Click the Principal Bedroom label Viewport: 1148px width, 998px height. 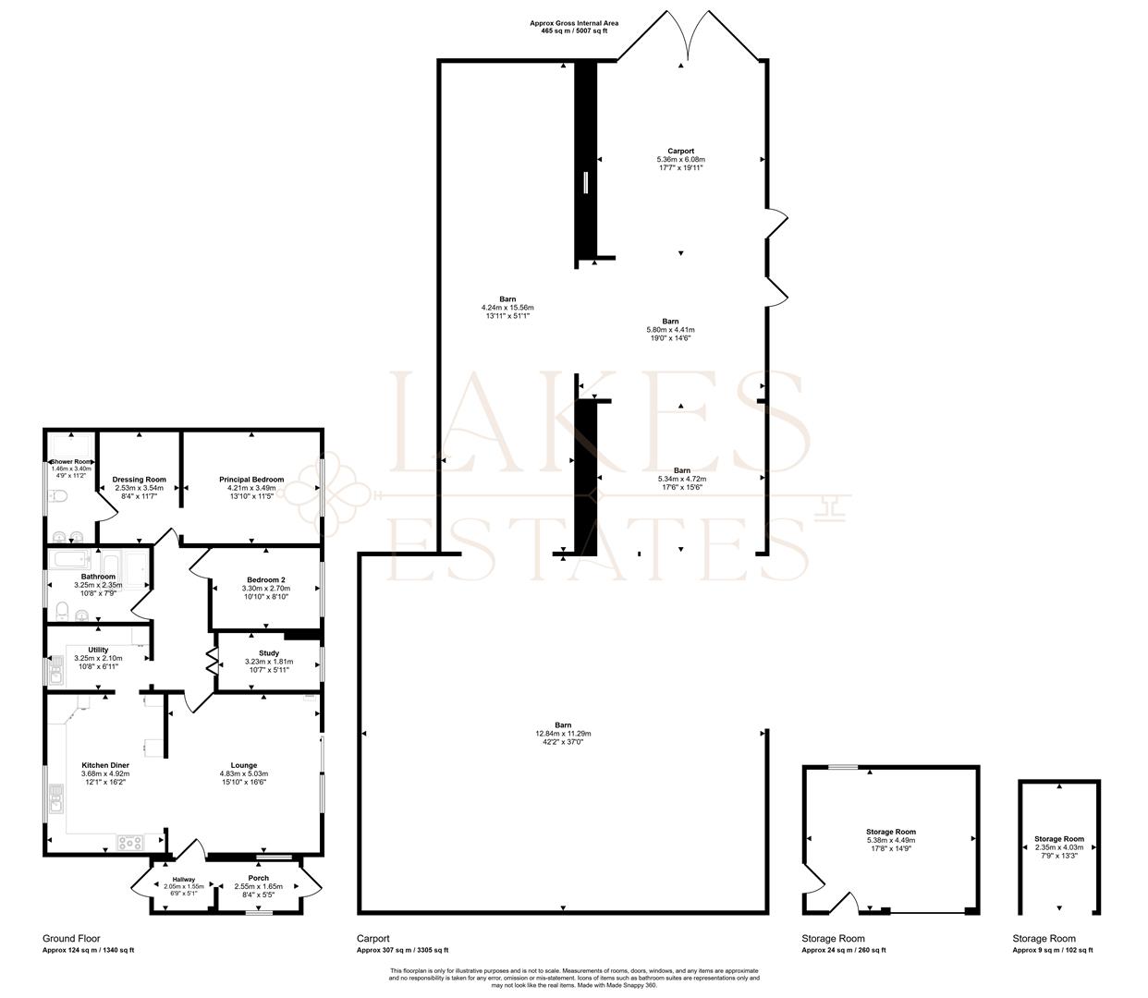click(x=250, y=480)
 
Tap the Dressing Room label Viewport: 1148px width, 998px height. click(x=139, y=480)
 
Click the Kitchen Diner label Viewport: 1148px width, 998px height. click(x=105, y=765)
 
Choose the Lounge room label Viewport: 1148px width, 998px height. click(x=244, y=765)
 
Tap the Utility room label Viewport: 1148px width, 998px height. click(x=98, y=650)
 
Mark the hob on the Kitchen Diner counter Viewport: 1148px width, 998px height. click(x=129, y=842)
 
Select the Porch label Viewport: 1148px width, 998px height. click(x=259, y=878)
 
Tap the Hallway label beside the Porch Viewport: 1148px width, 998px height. click(x=184, y=879)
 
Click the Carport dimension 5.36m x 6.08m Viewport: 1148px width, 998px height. click(x=680, y=159)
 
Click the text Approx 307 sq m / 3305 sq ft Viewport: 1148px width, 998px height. click(x=402, y=950)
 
